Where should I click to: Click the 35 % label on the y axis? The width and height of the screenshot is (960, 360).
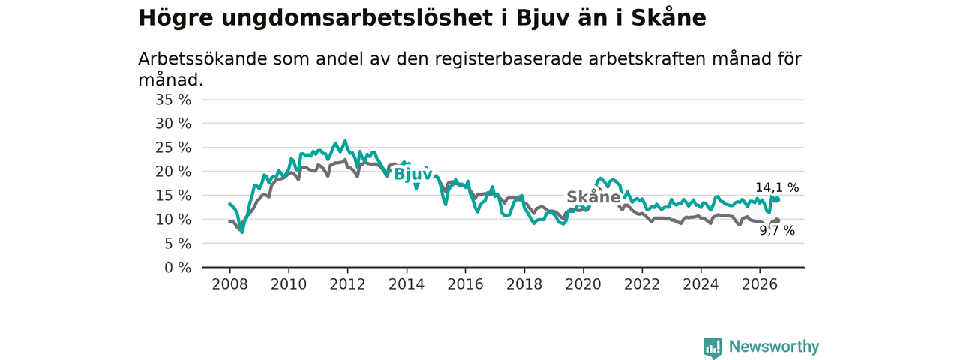[172, 100]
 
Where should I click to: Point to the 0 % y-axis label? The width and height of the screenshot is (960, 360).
[178, 268]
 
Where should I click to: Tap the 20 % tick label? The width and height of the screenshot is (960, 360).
[172, 172]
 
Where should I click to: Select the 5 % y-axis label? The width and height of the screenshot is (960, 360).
[178, 244]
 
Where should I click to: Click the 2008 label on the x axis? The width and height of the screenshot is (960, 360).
[229, 284]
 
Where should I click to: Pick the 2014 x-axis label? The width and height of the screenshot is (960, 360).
[406, 284]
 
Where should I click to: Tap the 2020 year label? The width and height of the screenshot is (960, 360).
[583, 284]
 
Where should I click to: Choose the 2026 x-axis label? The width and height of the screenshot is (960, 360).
[760, 284]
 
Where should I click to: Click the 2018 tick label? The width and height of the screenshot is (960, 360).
[524, 284]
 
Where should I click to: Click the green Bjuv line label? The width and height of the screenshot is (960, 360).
[412, 175]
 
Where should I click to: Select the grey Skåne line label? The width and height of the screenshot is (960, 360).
[593, 197]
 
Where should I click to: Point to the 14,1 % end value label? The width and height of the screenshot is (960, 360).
[777, 187]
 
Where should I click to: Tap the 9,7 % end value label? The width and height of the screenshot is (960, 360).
[777, 230]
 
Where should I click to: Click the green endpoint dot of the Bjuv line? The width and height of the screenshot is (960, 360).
[778, 199]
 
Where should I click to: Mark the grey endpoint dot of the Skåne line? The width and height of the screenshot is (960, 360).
[778, 220]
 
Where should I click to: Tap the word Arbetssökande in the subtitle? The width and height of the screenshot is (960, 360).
[202, 58]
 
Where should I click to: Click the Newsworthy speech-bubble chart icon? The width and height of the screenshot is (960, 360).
[712, 347]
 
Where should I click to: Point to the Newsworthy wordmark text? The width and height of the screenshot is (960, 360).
[774, 346]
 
